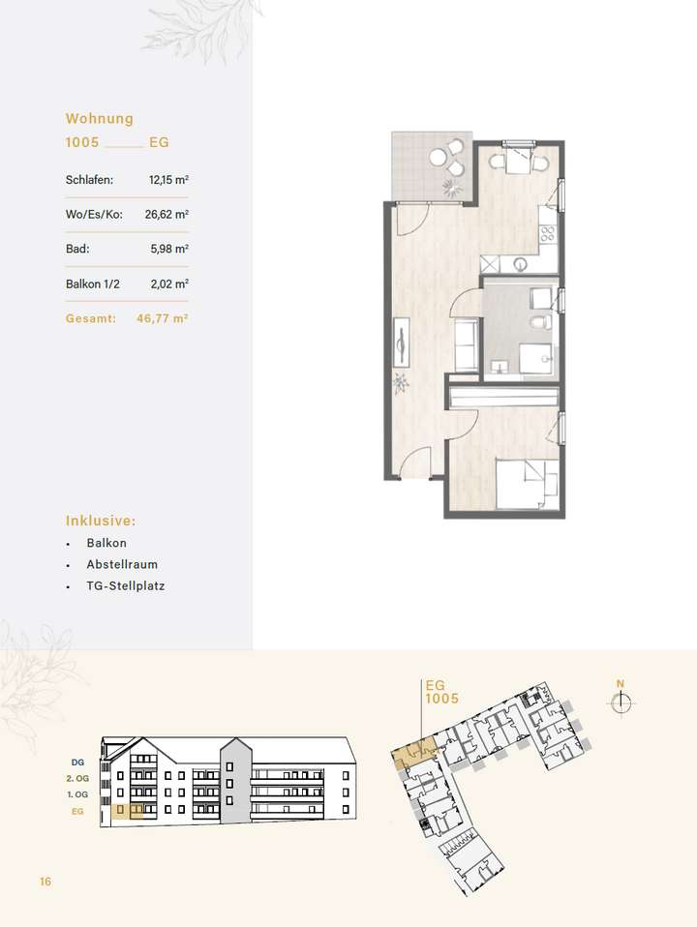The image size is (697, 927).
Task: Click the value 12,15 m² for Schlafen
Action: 168,179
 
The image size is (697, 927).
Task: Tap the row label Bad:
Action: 76,249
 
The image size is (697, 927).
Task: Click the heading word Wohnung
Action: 99,119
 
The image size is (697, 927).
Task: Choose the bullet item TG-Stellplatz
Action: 125,586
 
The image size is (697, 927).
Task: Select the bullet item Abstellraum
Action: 122,564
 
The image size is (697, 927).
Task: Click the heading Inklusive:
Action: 101,520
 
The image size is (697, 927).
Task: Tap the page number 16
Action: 45,882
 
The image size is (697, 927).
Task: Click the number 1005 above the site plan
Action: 441,697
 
